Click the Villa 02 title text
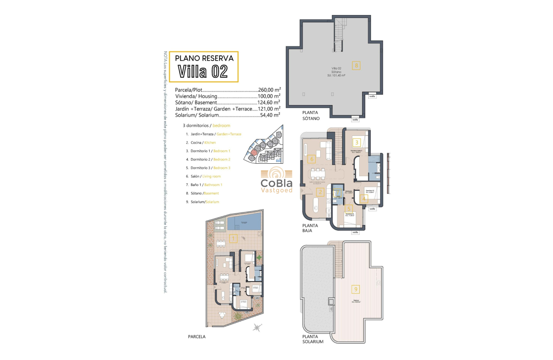click(x=203, y=71)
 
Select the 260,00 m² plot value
click(x=269, y=90)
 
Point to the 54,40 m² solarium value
click(x=270, y=115)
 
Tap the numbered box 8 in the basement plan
click(x=355, y=66)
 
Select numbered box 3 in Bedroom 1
click(x=356, y=143)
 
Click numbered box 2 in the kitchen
click(x=319, y=192)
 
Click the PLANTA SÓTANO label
click(x=311, y=115)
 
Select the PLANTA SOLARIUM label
click(x=313, y=339)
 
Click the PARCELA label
click(x=197, y=337)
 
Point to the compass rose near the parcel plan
click(x=257, y=328)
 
